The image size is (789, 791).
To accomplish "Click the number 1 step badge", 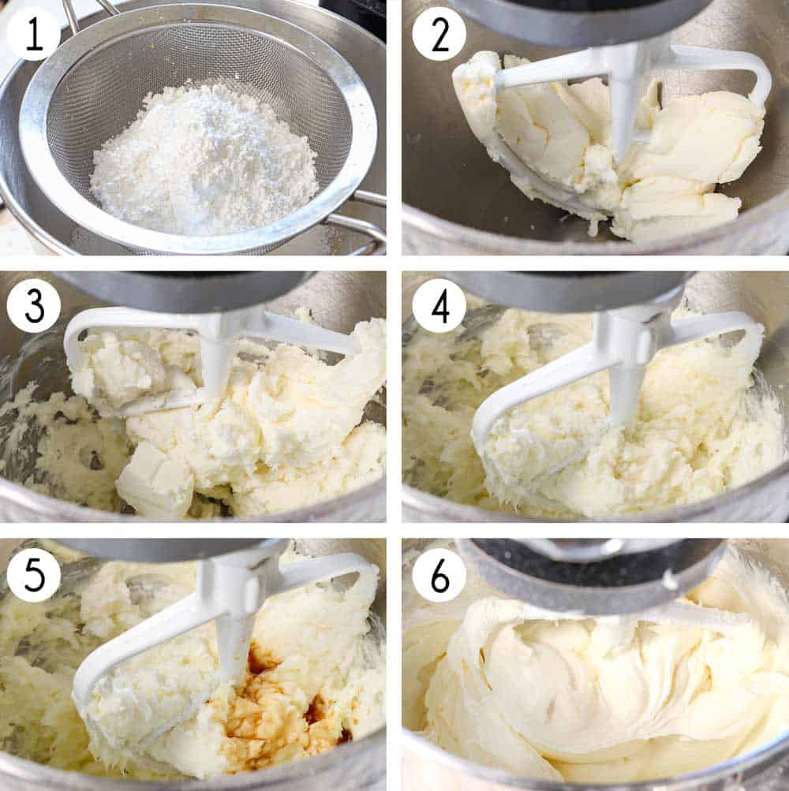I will click(x=33, y=34).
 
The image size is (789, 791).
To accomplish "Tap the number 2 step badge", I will click(x=439, y=34).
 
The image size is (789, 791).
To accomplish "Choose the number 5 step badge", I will click(x=33, y=575).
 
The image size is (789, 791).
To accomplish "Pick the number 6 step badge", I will click(x=439, y=575).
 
